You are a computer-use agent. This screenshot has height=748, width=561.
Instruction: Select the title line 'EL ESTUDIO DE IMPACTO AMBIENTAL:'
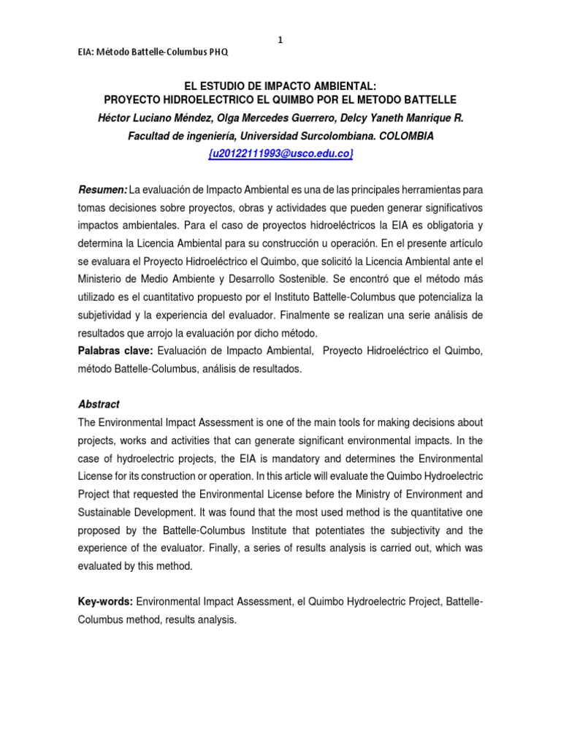pyautogui.click(x=280, y=85)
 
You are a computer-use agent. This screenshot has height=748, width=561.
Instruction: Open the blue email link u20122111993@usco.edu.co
pyautogui.click(x=280, y=153)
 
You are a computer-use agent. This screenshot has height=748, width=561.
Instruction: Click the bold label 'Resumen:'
pyautogui.click(x=103, y=190)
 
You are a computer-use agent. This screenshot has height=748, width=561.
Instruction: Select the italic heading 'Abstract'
pyautogui.click(x=99, y=404)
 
